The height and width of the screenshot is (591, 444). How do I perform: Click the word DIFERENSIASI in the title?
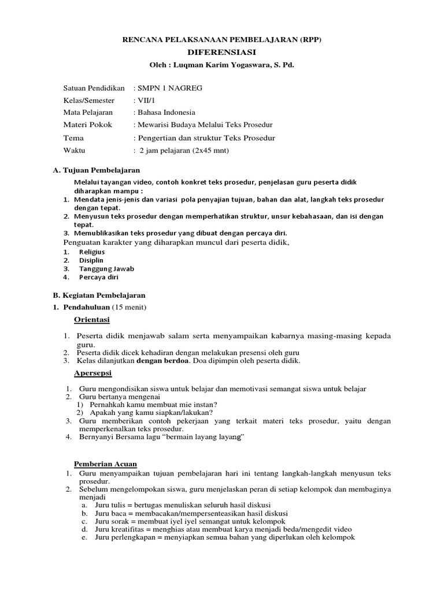pyautogui.click(x=221, y=52)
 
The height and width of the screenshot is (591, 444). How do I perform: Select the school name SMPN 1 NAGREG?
pyautogui.click(x=170, y=88)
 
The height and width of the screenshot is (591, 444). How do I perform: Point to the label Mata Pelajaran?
pyautogui.click(x=88, y=113)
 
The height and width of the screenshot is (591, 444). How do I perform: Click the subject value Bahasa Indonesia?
pyautogui.click(x=166, y=113)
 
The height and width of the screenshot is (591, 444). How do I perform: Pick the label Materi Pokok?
pyautogui.click(x=87, y=125)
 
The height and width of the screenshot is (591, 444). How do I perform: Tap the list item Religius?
pyautogui.click(x=91, y=252)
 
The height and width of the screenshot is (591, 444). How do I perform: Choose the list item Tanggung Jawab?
pyautogui.click(x=106, y=268)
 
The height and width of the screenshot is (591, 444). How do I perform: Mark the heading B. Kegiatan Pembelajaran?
pyautogui.click(x=99, y=295)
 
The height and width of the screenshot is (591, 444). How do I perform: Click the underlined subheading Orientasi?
pyautogui.click(x=92, y=319)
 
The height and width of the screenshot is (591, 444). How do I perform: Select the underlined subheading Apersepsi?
pyautogui.click(x=93, y=373)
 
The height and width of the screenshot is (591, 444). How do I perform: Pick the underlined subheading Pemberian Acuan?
pyautogui.click(x=105, y=464)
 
